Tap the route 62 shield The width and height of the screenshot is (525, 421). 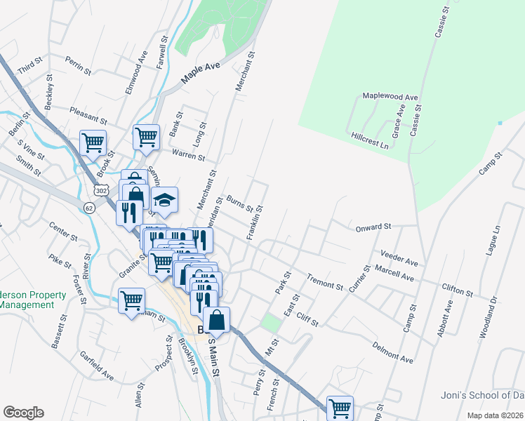pyautogui.click(x=88, y=208)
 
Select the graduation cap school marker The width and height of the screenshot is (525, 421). pyautogui.click(x=165, y=202)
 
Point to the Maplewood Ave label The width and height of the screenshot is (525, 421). pyautogui.click(x=390, y=96)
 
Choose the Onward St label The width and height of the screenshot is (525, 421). pyautogui.click(x=373, y=227)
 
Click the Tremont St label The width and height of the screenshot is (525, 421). pyautogui.click(x=324, y=282)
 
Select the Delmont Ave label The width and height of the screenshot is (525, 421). pyautogui.click(x=392, y=352)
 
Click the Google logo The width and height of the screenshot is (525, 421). pyautogui.click(x=23, y=413)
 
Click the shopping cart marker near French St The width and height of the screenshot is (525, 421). pyautogui.click(x=340, y=407)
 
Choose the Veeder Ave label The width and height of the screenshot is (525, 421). pyautogui.click(x=399, y=257)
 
